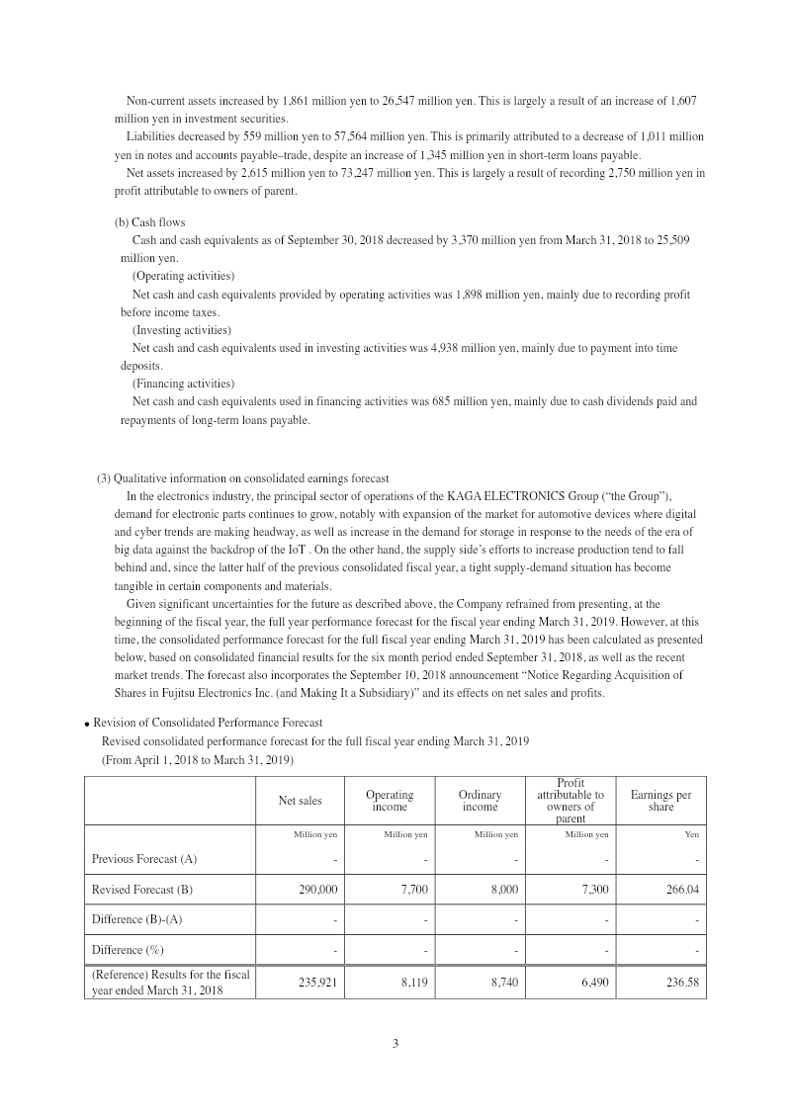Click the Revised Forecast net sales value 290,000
pos(317,890)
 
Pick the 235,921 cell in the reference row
pos(317,983)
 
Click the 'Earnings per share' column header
pos(660,801)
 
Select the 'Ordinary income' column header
pos(480,801)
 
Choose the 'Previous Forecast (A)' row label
pos(143,859)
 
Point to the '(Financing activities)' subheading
pos(183,384)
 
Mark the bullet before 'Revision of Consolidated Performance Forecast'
pos(87,724)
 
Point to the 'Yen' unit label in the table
pos(691,835)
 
